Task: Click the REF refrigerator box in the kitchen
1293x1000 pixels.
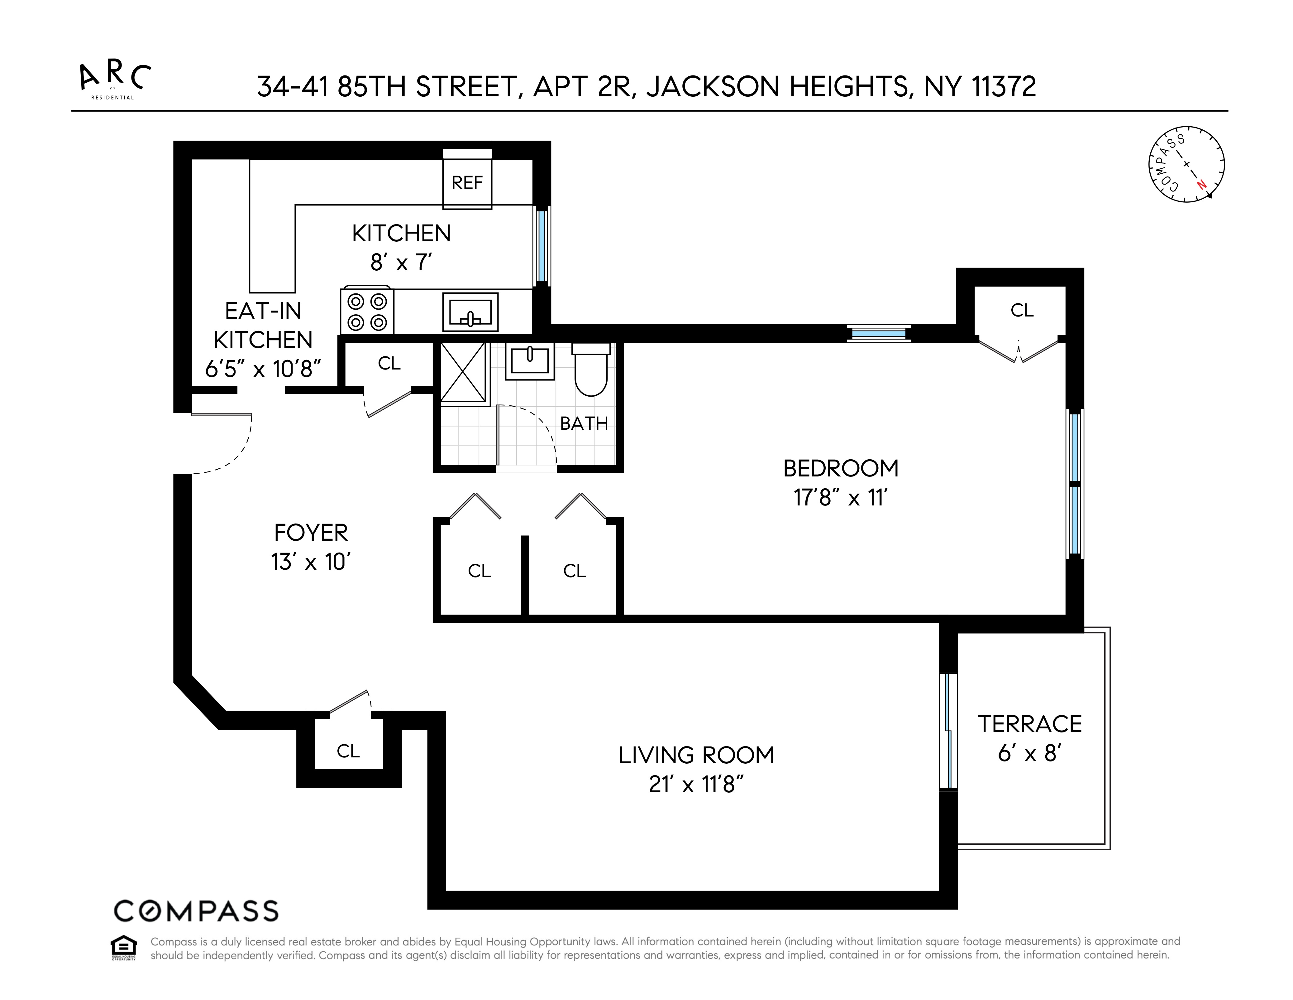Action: pos(467,182)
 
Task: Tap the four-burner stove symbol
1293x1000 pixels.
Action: pos(366,312)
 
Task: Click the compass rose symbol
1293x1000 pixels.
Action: pos(1186,164)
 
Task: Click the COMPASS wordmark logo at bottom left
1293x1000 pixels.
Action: pos(196,911)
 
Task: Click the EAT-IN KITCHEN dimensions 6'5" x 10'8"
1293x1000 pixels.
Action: pos(263,369)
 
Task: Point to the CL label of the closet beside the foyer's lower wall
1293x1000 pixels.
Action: pos(348,751)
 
